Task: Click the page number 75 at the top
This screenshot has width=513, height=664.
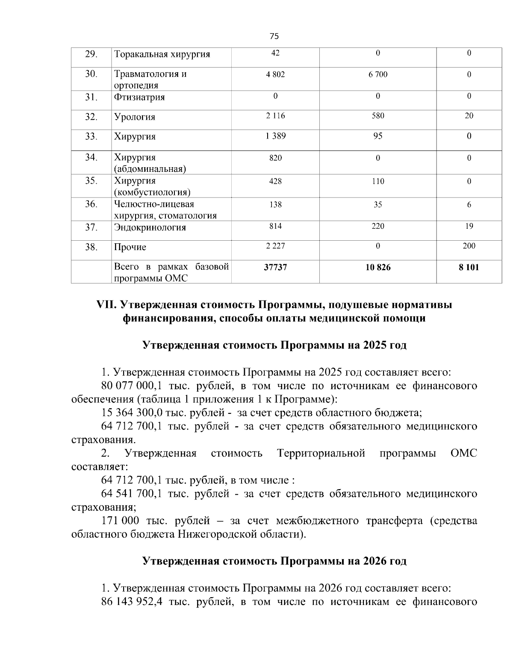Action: pos(274,36)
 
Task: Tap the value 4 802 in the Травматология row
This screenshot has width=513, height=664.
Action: pos(275,74)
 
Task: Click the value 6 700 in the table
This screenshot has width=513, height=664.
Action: pos(378,74)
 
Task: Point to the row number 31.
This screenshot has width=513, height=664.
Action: pos(91,97)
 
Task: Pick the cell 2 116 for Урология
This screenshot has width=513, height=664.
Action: pos(275,116)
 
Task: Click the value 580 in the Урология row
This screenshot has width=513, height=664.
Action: pos(378,116)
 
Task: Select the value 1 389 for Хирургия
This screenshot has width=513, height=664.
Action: pos(275,136)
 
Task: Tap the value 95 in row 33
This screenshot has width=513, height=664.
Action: pos(378,136)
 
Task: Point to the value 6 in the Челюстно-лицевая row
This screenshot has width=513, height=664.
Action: pos(469,205)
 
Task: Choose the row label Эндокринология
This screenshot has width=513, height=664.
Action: pos(150,227)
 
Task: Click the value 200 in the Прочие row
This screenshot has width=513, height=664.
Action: pos(469,246)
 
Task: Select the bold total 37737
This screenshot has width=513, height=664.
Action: pos(275,267)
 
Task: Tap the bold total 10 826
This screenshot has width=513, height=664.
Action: pos(378,267)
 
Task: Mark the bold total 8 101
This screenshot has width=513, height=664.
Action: pos(469,267)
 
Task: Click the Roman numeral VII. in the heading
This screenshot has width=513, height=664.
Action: pos(107,305)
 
